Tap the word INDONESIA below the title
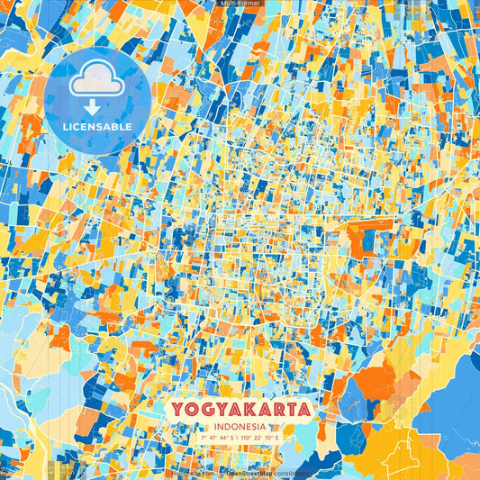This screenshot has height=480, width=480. [240, 427]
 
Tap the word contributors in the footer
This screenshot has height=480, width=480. [290, 473]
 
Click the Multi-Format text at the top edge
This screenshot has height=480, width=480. [240, 4]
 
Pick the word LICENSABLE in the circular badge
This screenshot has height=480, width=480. [97, 127]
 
